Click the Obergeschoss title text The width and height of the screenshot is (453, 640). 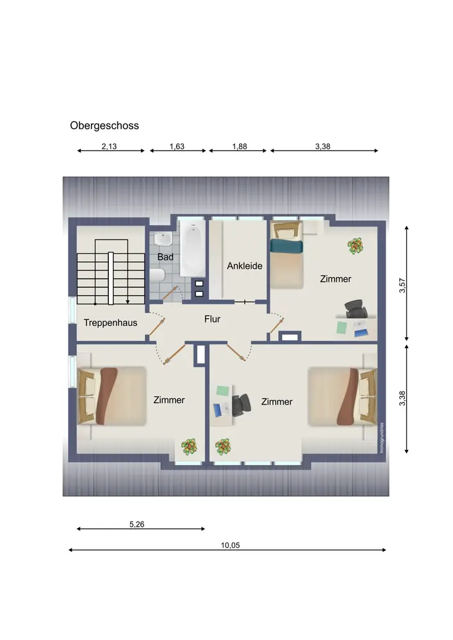coord(104,125)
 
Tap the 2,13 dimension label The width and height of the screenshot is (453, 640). coord(109,147)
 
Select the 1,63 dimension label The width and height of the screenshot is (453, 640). coord(177,147)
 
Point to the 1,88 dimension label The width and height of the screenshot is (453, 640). coord(240,147)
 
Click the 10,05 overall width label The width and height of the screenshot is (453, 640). coord(231,545)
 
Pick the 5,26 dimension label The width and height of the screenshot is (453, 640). coord(137,525)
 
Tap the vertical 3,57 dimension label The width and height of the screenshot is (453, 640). coord(402,285)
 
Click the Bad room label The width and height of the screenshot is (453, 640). coord(165,257)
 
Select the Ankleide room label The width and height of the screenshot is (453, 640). coord(245,266)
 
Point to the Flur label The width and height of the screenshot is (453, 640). coord(213,319)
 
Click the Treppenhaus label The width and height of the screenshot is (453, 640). coord(110,323)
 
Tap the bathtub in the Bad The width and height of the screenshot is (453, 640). coord(193,250)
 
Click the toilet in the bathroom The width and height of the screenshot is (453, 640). coord(157,275)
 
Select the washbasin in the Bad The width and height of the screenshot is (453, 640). coord(164,239)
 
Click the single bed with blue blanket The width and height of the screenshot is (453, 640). coord(287,254)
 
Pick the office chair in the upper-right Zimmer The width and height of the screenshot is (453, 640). coord(354,308)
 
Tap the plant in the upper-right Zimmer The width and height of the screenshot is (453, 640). coord(356,246)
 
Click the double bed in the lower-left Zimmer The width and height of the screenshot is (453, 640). coord(111,396)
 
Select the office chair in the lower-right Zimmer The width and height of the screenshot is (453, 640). coord(242,405)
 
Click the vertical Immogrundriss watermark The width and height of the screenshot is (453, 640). coord(382,438)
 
